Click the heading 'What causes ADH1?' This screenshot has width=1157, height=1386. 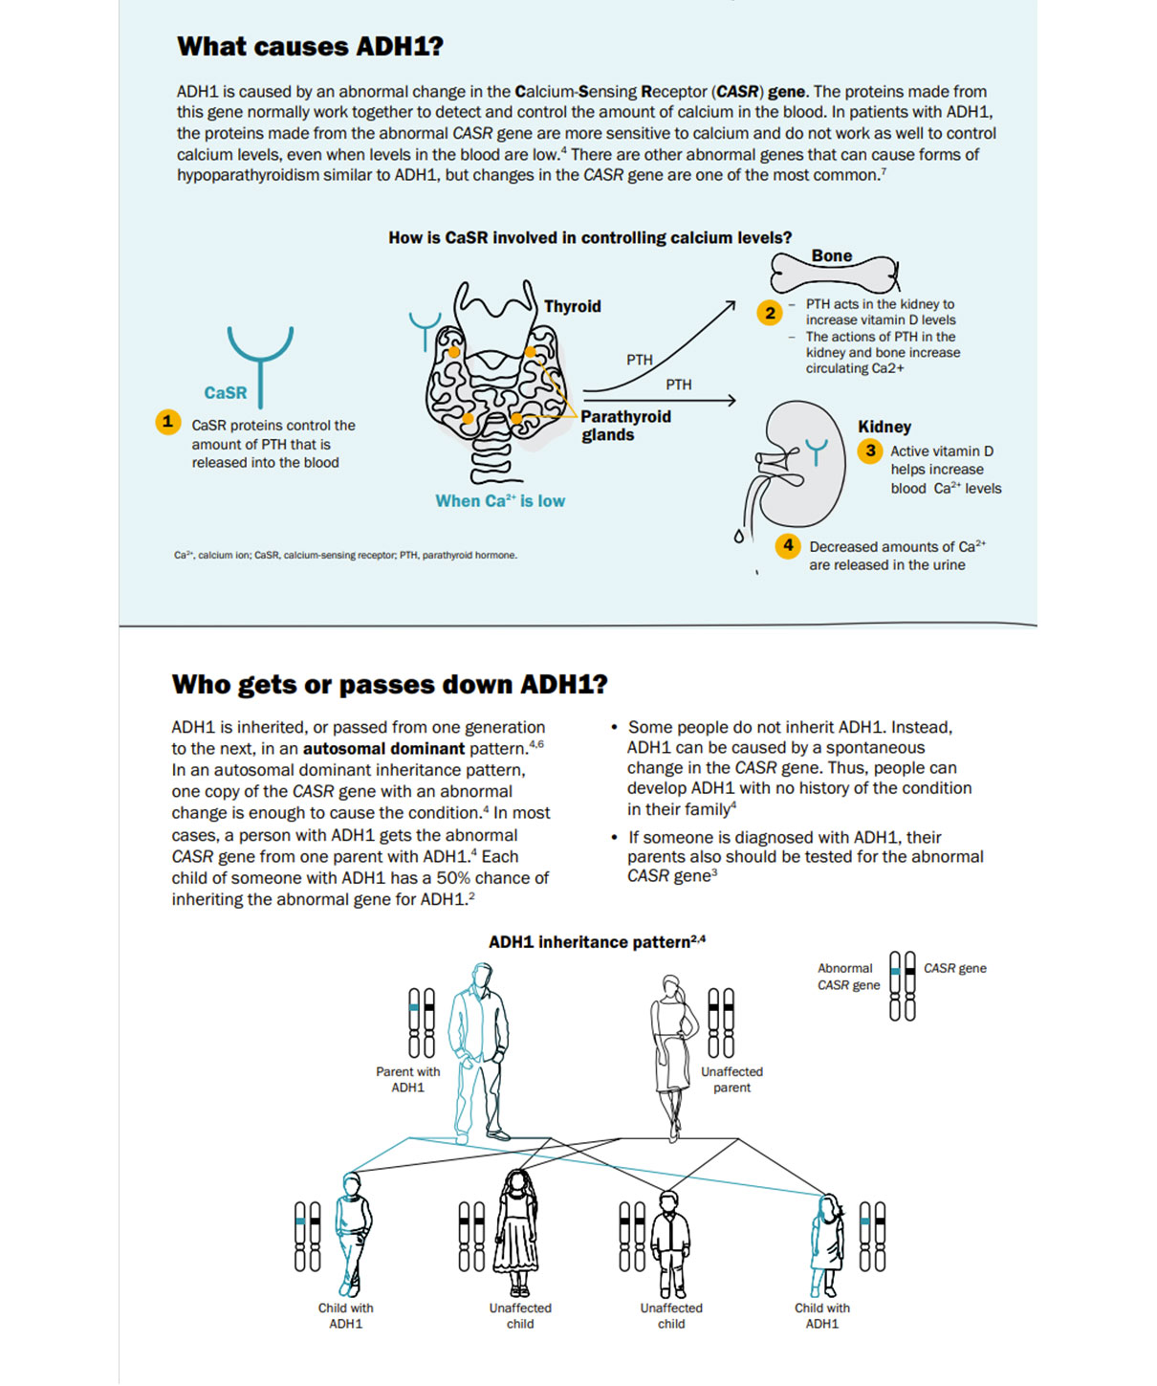pos(310,47)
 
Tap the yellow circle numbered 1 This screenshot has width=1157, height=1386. pos(168,422)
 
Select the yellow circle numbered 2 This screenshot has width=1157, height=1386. pos(770,313)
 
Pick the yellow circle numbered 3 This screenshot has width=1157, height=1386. pos(870,451)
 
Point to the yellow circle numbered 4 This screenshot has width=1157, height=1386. pos(788,546)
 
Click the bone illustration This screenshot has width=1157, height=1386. pos(835,274)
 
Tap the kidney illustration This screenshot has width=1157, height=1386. pos(800,465)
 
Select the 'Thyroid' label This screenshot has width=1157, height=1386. pos(572,307)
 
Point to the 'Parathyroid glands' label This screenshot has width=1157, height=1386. pos(625,426)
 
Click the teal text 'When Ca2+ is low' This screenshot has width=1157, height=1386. pos(500,501)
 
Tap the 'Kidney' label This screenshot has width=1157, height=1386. pos(884,427)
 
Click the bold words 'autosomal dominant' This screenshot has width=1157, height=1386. pos(383,749)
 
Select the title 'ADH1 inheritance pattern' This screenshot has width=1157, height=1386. pos(597,942)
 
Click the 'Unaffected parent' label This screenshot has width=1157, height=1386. pos(731,1079)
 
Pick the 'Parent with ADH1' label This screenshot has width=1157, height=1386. pos(407,1079)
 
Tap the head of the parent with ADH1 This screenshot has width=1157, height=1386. pos(482,978)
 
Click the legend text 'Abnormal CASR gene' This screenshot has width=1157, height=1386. pos(848,977)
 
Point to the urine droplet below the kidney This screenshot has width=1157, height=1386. pos(738,537)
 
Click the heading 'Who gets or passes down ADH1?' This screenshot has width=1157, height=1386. pos(389,684)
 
